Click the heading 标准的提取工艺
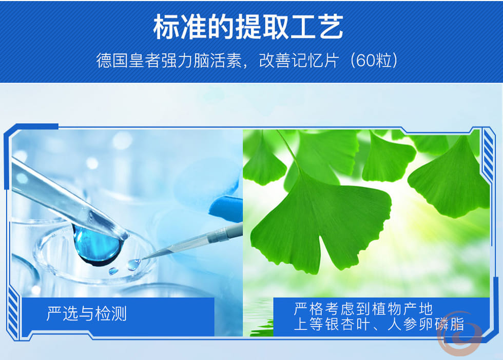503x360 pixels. tap(248, 27)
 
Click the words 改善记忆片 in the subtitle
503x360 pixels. tap(299, 61)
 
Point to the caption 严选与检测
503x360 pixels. tap(87, 313)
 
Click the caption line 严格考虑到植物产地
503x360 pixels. tap(363, 309)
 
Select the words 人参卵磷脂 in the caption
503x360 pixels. tap(425, 325)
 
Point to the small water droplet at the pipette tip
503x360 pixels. tap(134, 265)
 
